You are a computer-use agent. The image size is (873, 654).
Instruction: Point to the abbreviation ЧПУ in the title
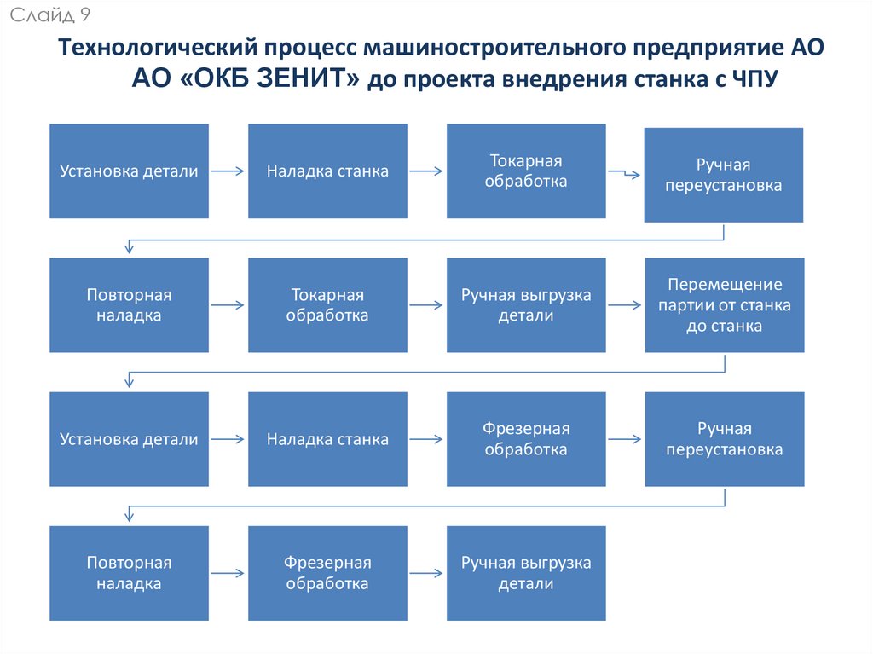click(754, 79)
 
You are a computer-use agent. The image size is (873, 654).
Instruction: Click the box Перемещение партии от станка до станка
click(725, 304)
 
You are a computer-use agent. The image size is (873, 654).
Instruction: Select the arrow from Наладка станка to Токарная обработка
click(426, 171)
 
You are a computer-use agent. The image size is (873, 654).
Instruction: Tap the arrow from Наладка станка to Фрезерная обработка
click(426, 440)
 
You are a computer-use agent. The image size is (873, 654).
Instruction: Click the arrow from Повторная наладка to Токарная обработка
click(228, 304)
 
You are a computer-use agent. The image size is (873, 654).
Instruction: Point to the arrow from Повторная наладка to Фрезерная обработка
click(228, 573)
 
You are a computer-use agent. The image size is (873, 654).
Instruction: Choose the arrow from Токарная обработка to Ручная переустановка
click(625, 173)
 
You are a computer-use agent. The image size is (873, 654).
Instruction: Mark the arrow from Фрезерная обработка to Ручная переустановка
click(625, 440)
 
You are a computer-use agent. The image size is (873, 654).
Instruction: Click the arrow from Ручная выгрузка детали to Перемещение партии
click(625, 304)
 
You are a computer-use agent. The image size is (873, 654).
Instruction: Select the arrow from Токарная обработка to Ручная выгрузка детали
click(426, 304)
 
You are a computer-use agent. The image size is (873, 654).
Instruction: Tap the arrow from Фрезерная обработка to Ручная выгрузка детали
click(426, 573)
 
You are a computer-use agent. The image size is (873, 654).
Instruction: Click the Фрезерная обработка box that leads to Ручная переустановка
click(526, 438)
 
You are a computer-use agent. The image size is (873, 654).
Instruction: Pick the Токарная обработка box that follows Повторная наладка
click(327, 304)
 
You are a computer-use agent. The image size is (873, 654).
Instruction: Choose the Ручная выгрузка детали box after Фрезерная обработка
click(526, 573)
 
